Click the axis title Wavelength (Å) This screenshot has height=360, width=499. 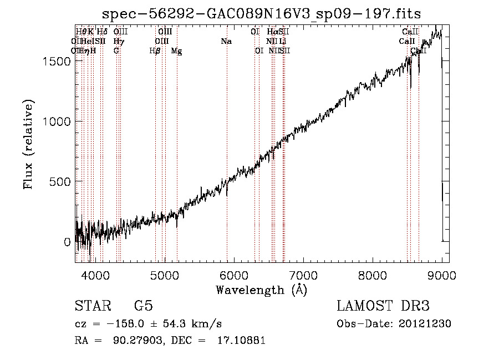click(261, 290)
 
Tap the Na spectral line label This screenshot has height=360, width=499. click(226, 41)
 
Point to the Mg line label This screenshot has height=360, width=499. click(176, 51)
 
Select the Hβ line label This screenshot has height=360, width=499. click(155, 51)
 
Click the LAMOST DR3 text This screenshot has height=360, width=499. click(383, 306)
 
